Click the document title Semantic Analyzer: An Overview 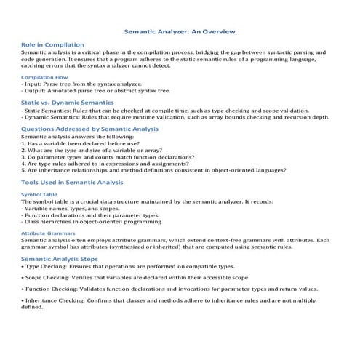pos(180,32)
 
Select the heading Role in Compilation pos(52,45)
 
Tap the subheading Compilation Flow pos(44,76)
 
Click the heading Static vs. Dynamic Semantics pos(67,103)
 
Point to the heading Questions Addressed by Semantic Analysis pos(90,129)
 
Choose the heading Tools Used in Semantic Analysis pos(73,182)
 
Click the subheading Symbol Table pos(38,195)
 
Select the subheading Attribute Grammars pos(48,233)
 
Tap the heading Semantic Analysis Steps pos(65,259)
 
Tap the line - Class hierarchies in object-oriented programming pos(92,221)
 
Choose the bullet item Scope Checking pos(135,277)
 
